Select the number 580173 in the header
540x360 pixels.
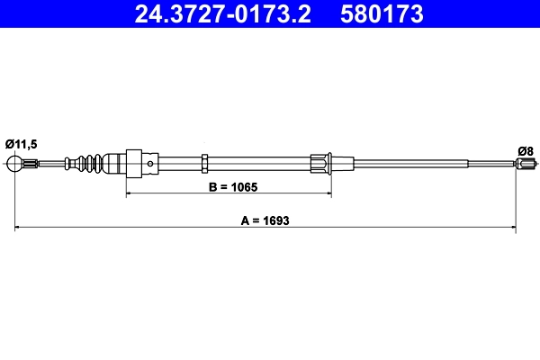tap(379, 14)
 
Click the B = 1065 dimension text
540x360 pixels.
tap(228, 187)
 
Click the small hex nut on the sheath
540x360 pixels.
tap(206, 163)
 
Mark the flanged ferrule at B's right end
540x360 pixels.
tap(321, 163)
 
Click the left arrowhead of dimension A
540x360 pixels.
tap(18, 229)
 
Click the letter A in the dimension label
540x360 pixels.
tap(243, 220)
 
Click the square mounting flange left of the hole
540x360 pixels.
tap(134, 163)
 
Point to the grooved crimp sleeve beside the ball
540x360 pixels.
tap(31, 164)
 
